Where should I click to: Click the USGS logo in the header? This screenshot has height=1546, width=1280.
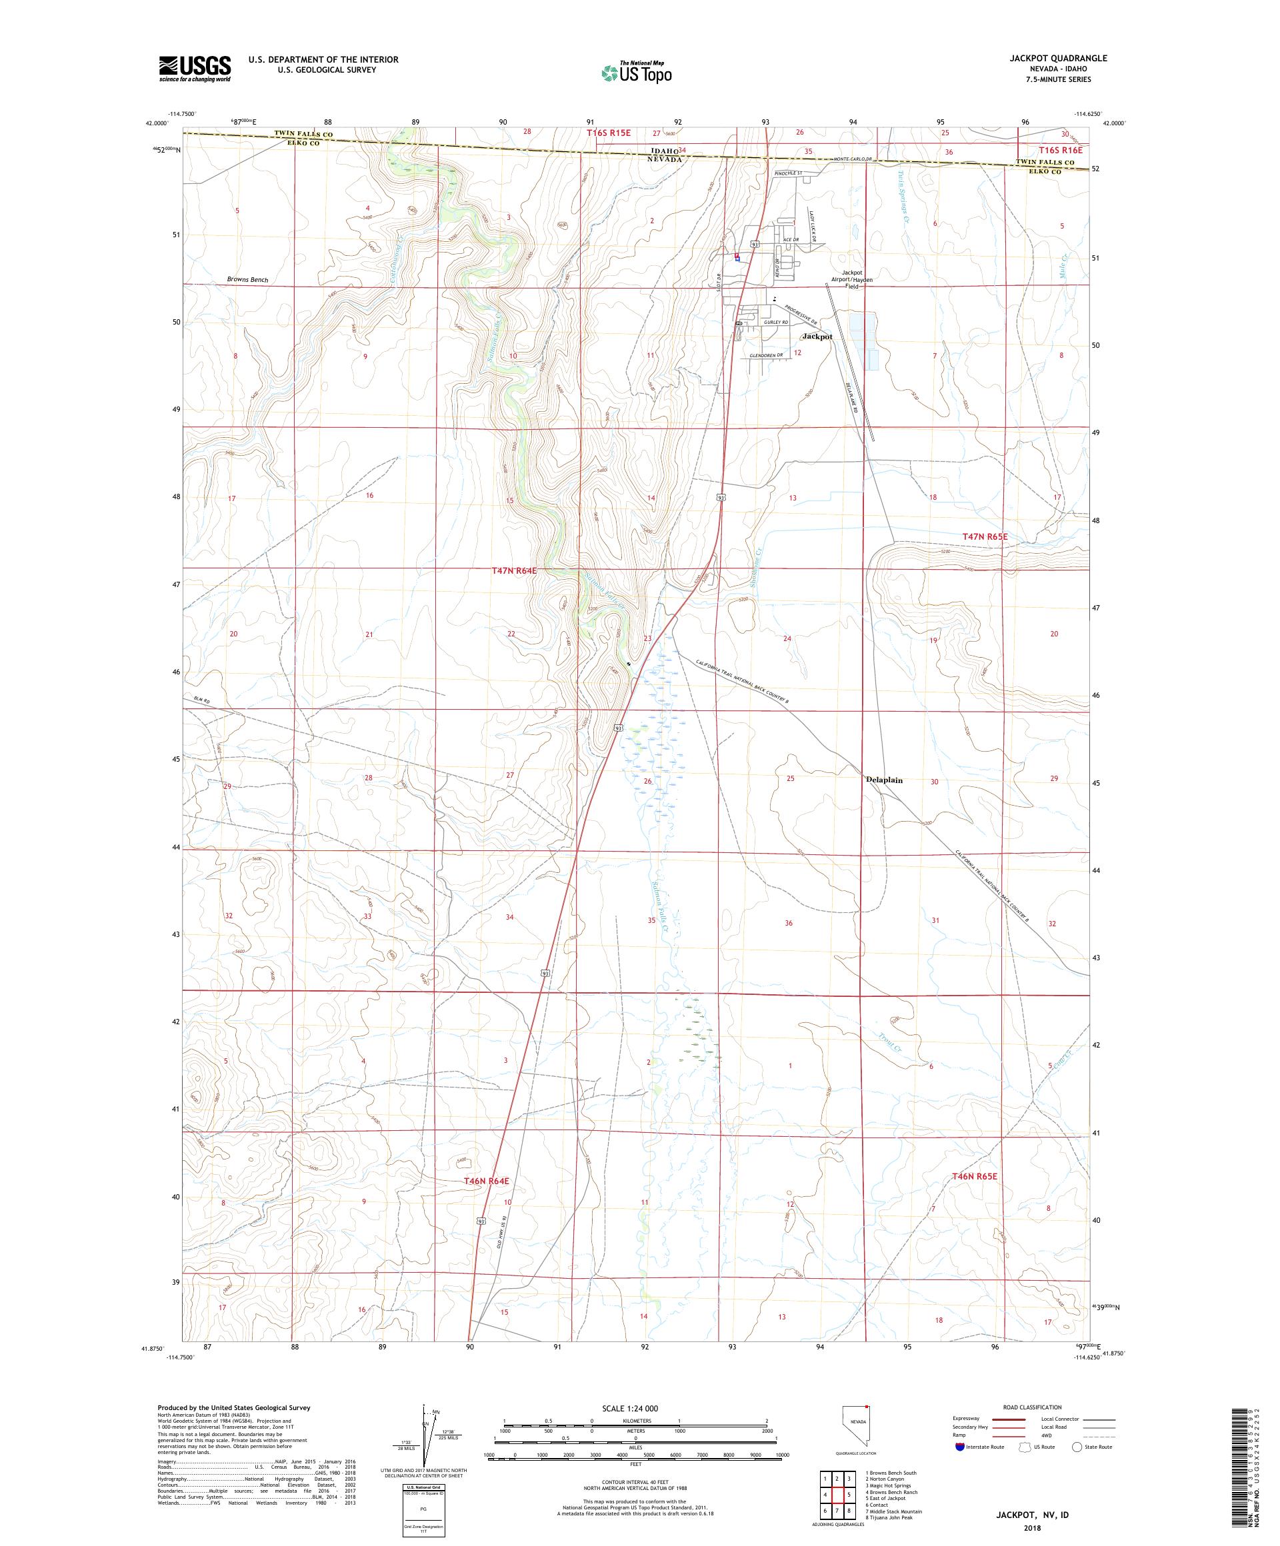point(195,69)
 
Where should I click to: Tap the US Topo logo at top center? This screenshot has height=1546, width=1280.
point(636,72)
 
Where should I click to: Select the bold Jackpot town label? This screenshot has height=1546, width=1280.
point(817,337)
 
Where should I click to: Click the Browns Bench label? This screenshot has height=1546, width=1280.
point(247,280)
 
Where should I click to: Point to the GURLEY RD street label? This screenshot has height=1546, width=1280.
point(775,323)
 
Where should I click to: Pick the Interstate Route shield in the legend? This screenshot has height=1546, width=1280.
point(959,1446)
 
